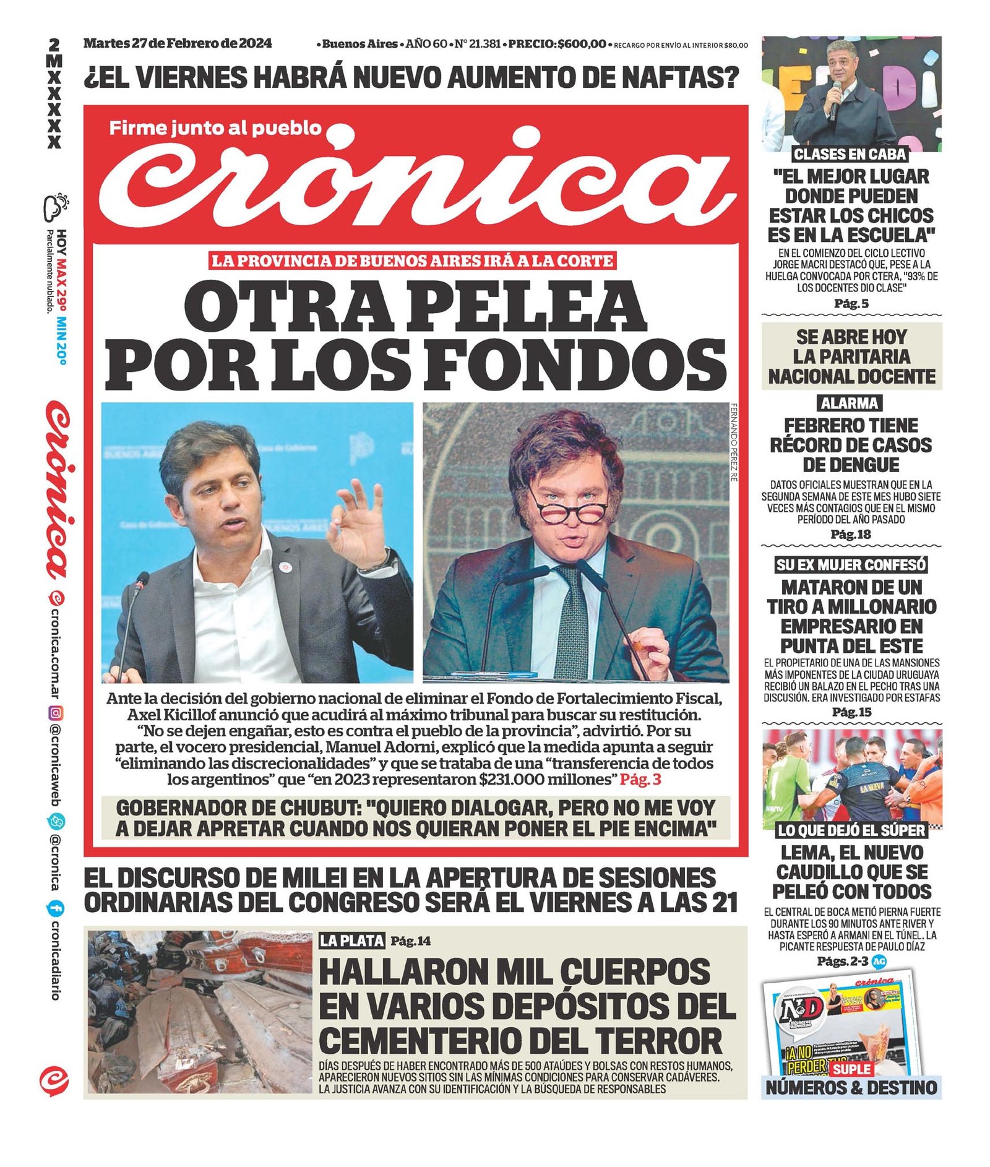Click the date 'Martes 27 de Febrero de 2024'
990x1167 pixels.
(178, 43)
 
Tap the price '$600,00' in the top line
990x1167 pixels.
(582, 44)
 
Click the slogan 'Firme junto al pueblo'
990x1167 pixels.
(215, 128)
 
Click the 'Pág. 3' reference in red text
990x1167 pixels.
(640, 779)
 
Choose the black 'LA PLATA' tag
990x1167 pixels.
(351, 941)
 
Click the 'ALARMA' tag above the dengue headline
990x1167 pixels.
(850, 403)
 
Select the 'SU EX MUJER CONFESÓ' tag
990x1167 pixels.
(851, 564)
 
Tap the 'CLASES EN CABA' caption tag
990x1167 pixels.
(850, 154)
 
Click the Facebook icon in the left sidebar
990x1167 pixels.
(55, 908)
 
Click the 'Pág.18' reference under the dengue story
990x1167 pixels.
(851, 534)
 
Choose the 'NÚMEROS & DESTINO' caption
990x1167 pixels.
(851, 1087)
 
